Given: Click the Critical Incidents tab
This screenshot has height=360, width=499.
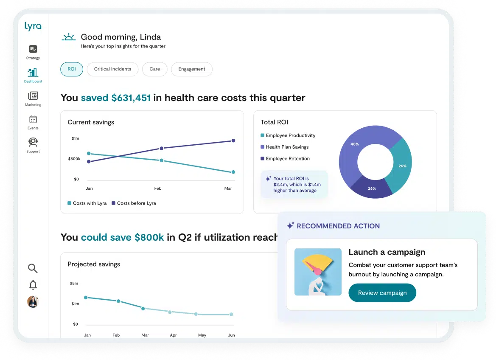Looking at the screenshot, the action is [113, 69].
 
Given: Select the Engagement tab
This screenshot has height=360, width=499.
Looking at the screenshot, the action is [192, 69].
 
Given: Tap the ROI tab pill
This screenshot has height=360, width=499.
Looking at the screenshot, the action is [72, 69].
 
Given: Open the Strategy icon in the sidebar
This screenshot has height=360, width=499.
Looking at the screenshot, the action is [33, 49].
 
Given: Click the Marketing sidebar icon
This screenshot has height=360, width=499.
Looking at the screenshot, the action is [33, 96].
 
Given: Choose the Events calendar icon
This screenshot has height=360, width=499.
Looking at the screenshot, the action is [33, 119].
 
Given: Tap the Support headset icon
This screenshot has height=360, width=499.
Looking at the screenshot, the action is [33, 142].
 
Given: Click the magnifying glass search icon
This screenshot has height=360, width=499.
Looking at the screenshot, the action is [33, 268].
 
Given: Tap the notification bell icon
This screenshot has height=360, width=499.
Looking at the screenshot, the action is [33, 285].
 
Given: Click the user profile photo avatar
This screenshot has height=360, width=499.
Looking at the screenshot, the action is [33, 301].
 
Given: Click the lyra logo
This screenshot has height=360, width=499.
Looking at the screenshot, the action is [33, 26].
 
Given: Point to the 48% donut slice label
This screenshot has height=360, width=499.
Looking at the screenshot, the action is [355, 144].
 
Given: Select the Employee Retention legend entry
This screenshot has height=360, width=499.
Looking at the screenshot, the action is [285, 158].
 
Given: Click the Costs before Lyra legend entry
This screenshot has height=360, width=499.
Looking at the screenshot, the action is [134, 203].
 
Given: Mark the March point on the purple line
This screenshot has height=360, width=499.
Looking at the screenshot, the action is [233, 141].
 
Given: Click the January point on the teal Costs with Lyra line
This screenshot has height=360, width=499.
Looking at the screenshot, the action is [89, 153].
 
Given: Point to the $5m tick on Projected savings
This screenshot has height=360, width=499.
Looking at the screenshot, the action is [74, 283].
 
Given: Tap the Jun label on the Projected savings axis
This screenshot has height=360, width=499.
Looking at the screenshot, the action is [231, 335].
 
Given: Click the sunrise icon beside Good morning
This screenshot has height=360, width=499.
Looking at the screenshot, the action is [68, 37].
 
